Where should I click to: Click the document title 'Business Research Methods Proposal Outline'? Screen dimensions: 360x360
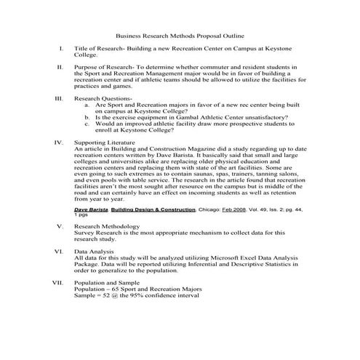tap(180, 36)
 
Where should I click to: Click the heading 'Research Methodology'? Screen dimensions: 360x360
tap(104, 227)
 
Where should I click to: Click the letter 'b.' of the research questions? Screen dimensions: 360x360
tap(88, 116)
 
